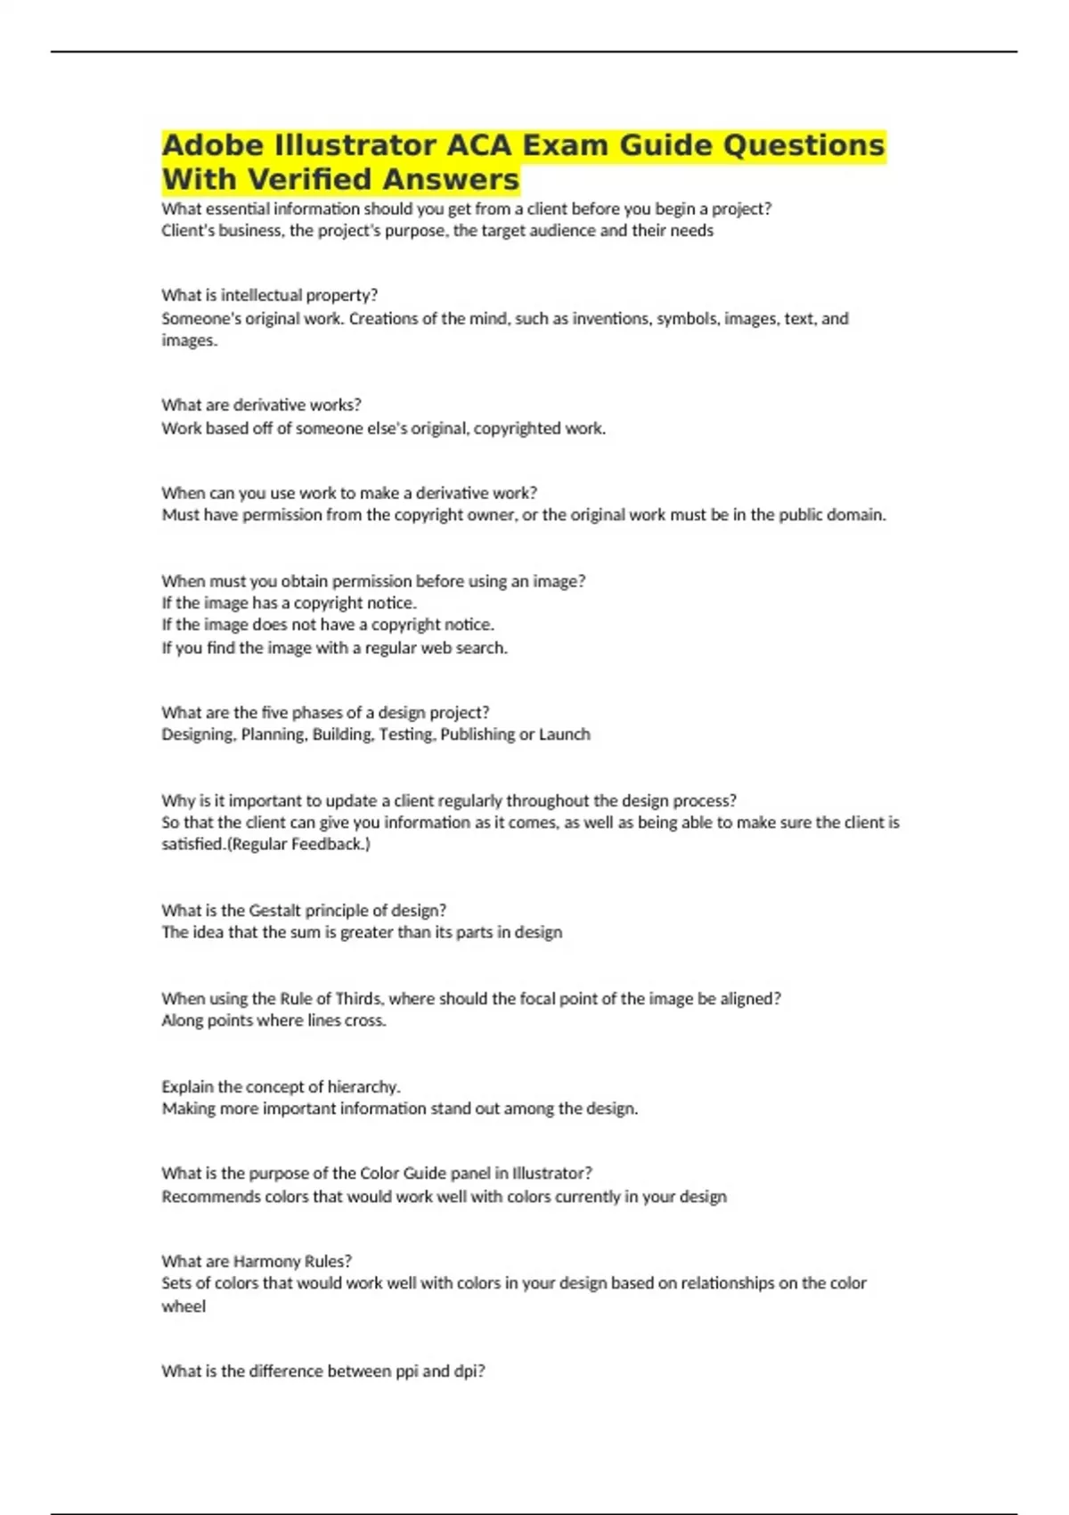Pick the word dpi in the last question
[469, 1371]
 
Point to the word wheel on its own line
[184, 1306]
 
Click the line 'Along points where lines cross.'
[273, 1020]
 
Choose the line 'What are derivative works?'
[261, 405]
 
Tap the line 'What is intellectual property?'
[269, 295]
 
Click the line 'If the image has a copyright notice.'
[289, 603]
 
